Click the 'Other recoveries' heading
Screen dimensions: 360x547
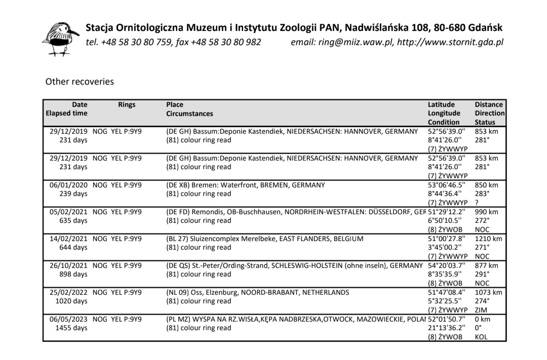click(80, 81)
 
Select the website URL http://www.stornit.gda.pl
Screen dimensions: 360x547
click(450, 42)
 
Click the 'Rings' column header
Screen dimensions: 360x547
click(127, 105)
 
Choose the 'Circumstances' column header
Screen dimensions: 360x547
click(189, 114)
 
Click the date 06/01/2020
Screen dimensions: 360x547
click(68, 185)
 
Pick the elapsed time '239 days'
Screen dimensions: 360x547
click(73, 194)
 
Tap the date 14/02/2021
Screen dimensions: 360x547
click(68, 238)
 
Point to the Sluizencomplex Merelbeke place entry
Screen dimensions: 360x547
click(265, 238)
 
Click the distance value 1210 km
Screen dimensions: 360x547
click(489, 238)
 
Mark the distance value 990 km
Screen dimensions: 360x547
click(487, 212)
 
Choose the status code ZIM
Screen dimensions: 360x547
click(481, 310)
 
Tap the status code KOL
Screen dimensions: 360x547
click(481, 337)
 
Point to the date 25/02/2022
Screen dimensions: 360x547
click(68, 292)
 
